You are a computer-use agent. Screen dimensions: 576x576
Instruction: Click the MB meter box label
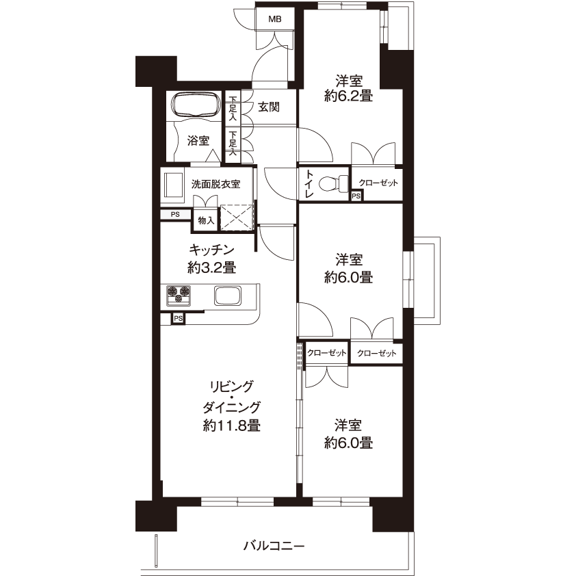[x=275, y=18]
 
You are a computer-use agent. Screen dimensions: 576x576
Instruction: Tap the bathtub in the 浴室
[x=196, y=105]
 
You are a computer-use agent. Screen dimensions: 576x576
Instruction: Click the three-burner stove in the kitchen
[x=179, y=296]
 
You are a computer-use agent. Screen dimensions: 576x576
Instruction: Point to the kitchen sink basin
[x=228, y=296]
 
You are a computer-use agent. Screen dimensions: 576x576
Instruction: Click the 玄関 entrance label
[x=269, y=107]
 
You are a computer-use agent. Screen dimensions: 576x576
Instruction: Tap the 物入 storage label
[x=206, y=220]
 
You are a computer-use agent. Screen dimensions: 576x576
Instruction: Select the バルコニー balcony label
[x=274, y=545]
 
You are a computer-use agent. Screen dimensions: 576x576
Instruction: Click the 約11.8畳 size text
[x=232, y=426]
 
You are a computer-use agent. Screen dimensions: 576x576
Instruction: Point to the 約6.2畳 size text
[x=348, y=96]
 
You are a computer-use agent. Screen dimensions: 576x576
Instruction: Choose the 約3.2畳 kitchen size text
[x=211, y=267]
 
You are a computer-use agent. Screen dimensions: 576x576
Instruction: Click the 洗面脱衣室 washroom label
[x=215, y=184]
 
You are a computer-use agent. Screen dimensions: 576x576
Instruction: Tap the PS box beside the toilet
[x=356, y=196]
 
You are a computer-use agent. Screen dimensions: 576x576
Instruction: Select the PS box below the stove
[x=178, y=319]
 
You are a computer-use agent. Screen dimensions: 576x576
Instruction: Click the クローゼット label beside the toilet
[x=378, y=183]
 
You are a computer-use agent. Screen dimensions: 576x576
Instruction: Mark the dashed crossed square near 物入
[x=237, y=218]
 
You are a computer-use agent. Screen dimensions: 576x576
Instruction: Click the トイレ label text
[x=309, y=183]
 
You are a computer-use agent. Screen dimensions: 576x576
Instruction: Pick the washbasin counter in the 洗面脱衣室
[x=172, y=187]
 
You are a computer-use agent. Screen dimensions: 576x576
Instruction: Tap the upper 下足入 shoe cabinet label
[x=233, y=108]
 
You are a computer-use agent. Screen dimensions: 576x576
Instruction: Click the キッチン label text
[x=211, y=250]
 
